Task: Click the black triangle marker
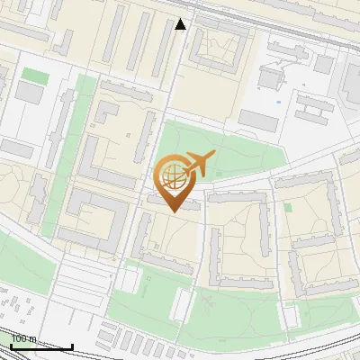point(181,24)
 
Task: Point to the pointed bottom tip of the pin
point(171,211)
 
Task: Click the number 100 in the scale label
point(19,339)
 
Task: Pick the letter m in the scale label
point(33,339)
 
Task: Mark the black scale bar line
point(40,346)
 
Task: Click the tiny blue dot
point(278,102)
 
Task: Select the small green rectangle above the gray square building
point(34,75)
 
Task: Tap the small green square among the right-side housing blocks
point(288,207)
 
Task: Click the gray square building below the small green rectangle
point(30,93)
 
